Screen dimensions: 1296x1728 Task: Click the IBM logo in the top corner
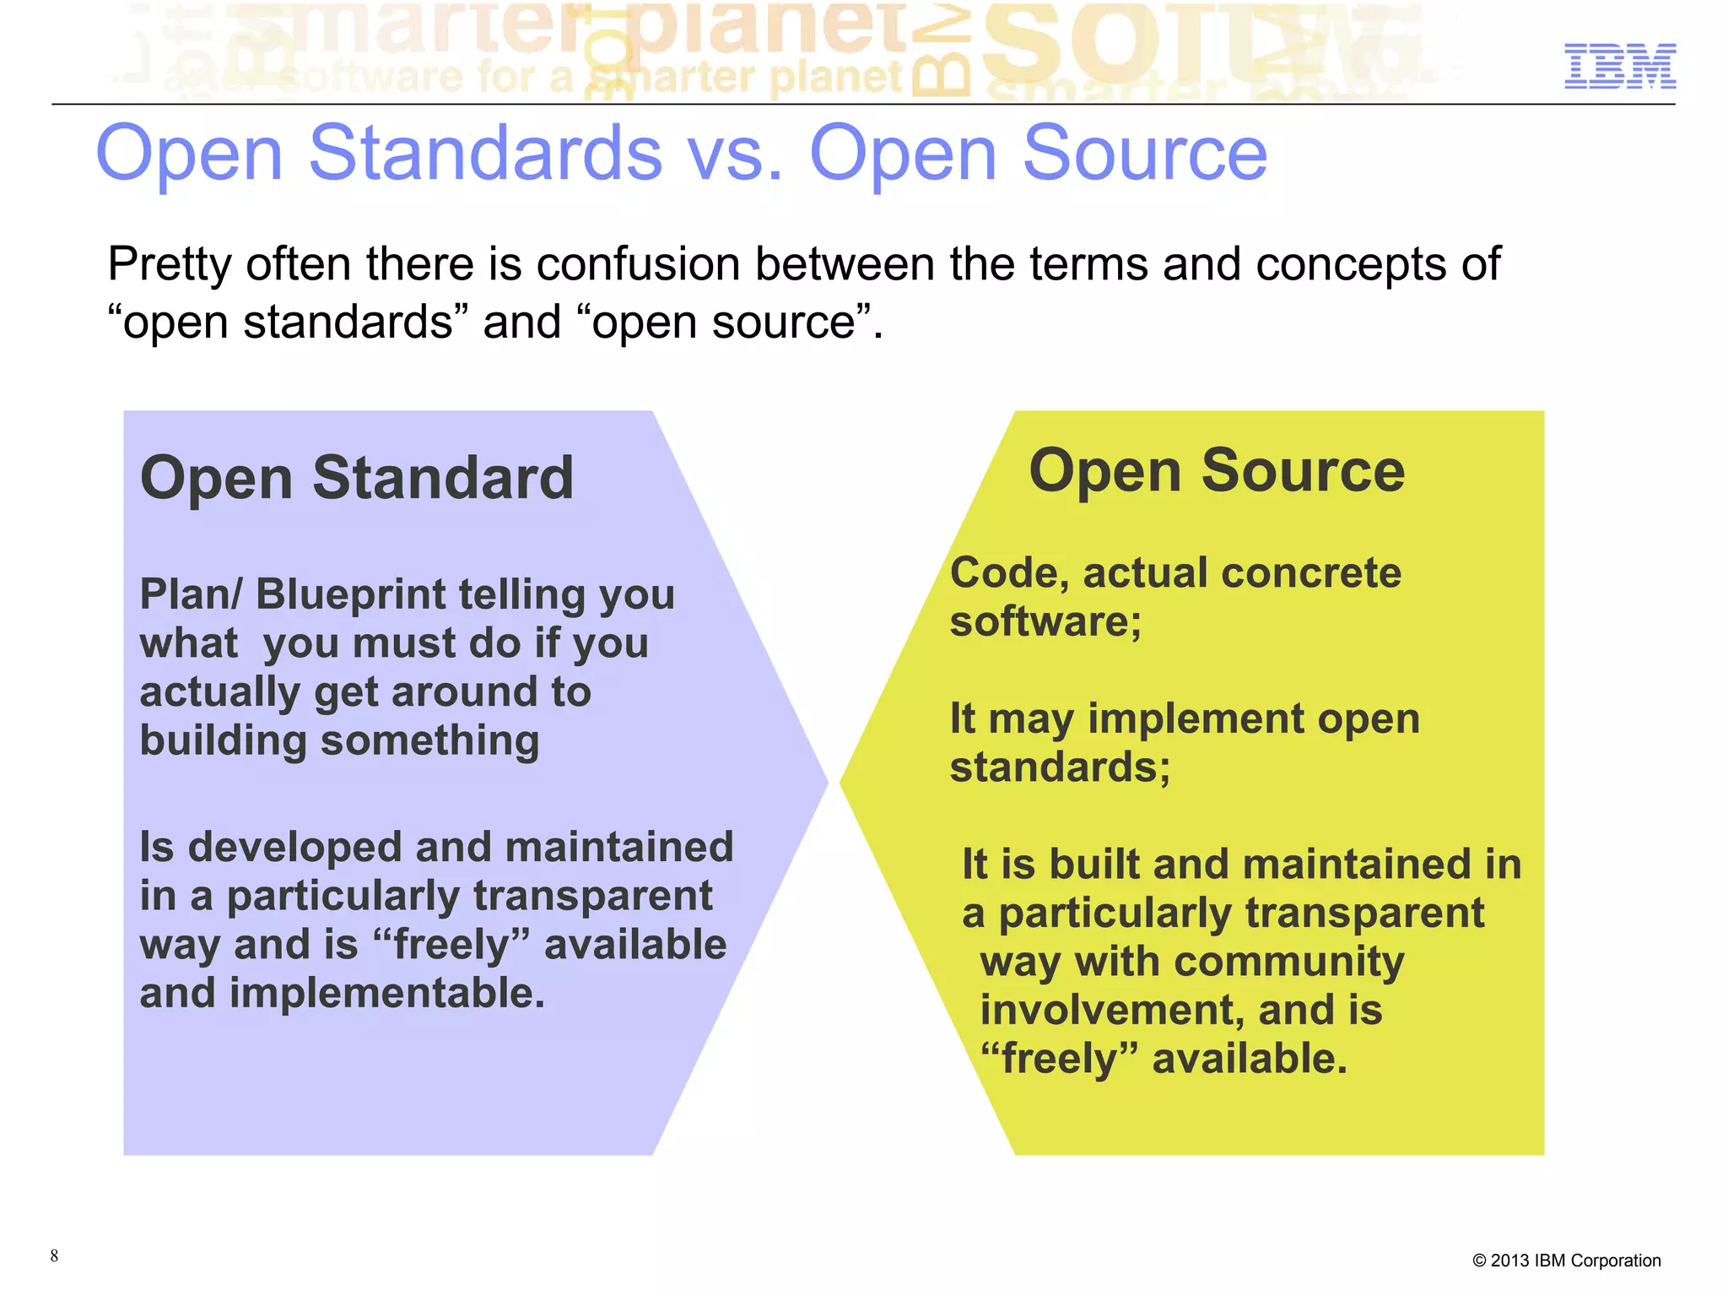pos(1619,67)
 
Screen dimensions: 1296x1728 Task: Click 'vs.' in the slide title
pos(735,155)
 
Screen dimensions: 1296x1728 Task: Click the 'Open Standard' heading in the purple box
pos(357,478)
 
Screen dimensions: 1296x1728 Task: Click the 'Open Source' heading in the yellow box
pos(1217,470)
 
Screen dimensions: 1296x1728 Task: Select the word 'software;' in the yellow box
pos(1045,621)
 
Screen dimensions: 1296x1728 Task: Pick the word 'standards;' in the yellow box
pos(1060,767)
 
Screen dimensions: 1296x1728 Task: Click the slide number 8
pos(54,1255)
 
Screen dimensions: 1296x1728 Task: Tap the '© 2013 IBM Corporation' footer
pos(1566,1261)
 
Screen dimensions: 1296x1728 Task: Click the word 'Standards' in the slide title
pos(485,155)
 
